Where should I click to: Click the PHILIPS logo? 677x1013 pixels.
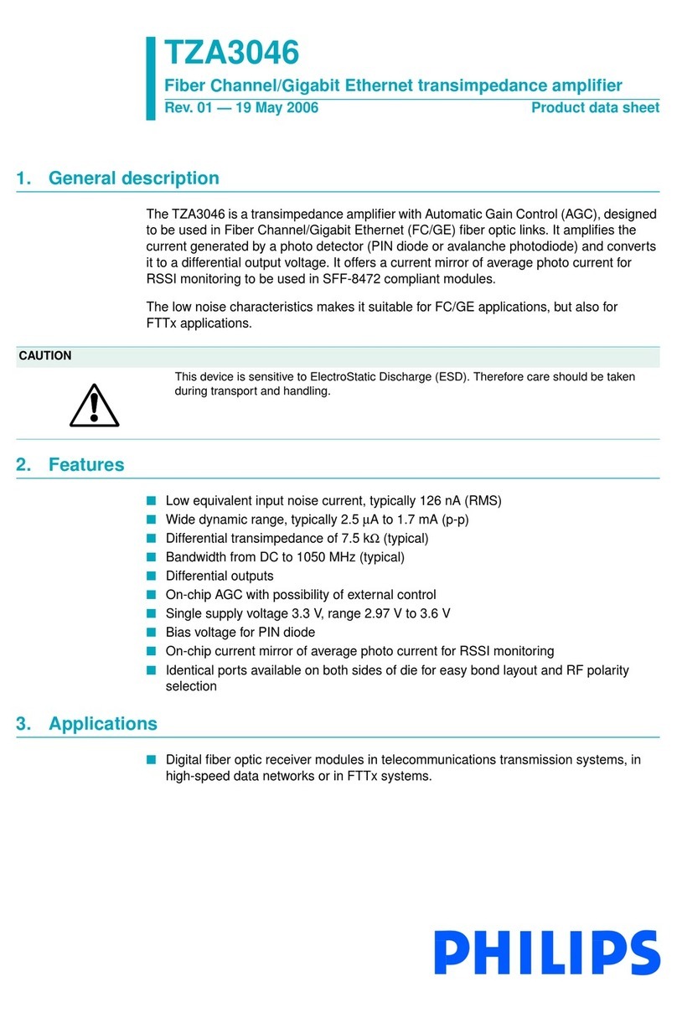tap(547, 953)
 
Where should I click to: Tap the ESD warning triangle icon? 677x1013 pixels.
tap(94, 407)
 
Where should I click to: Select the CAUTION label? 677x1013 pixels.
tap(45, 356)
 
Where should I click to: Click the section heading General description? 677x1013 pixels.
tap(134, 178)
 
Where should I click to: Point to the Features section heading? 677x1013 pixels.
tap(86, 465)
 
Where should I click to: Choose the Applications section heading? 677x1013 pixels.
tap(103, 724)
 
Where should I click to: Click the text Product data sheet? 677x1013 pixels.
tap(595, 108)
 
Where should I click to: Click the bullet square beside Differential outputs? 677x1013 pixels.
tap(152, 576)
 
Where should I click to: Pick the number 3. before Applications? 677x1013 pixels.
tap(23, 724)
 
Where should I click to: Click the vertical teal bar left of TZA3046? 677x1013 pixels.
tap(151, 78)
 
